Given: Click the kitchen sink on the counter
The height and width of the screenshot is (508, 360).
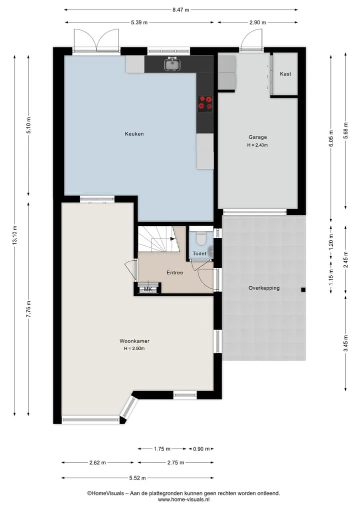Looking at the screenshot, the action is pos(172,63).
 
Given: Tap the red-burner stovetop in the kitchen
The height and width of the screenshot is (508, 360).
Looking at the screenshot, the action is pos(205,104).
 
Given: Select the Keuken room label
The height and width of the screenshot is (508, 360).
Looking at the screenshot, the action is pos(134,134).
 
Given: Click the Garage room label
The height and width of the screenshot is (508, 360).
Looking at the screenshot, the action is pos(258,137).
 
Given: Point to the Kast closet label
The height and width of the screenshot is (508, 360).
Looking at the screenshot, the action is pos(285,74).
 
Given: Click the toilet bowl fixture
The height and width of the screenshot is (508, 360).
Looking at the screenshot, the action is pos(201,237).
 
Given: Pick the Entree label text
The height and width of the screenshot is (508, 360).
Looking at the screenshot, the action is pos(175,272).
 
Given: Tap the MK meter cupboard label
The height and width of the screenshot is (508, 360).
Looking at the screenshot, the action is pos(148,289).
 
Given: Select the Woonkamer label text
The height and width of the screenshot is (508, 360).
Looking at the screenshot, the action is pos(134,341).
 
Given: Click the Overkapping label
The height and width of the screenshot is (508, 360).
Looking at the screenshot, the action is pos(264,288).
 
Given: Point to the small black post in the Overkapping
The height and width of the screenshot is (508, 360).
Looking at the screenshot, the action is pos(303,290).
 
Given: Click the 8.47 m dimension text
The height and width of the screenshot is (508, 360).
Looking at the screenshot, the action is pos(180,9).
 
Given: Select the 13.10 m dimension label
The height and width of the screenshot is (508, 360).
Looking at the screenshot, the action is pos(14,235).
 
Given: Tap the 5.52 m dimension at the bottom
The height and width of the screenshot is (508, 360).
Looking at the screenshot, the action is pos(137,478).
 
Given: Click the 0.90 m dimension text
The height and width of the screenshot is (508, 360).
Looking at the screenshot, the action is pos(201,449).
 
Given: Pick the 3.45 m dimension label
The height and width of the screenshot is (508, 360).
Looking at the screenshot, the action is pos(345,344).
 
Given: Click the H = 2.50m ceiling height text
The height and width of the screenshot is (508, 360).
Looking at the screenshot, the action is pos(134,349).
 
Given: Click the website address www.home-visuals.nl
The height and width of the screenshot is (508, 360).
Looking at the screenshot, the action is pos(183,500).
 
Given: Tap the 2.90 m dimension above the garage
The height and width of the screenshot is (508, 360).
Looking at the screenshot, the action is pos(257,22).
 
